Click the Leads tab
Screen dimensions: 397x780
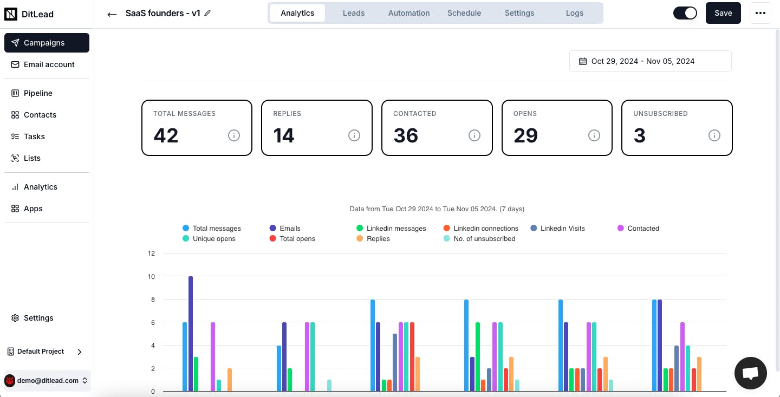[353, 13]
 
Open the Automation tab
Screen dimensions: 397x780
[408, 13]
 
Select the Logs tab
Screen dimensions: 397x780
[574, 13]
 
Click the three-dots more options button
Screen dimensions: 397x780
[760, 13]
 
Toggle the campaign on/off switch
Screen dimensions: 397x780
[685, 13]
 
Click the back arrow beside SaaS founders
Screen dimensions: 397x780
[112, 14]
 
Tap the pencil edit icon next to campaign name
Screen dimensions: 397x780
[207, 13]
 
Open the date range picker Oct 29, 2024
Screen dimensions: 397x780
[650, 61]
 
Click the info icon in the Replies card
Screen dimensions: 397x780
[354, 135]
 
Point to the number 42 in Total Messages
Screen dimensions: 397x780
[166, 135]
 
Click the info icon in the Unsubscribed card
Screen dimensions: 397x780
[714, 135]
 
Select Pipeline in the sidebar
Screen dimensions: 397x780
[38, 93]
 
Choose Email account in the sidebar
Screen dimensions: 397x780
[49, 64]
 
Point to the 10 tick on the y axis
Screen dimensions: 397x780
[151, 277]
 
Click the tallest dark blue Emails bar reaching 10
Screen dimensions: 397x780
[191, 333]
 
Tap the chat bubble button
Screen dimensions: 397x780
[750, 373]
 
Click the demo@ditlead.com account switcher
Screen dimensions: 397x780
[47, 381]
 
